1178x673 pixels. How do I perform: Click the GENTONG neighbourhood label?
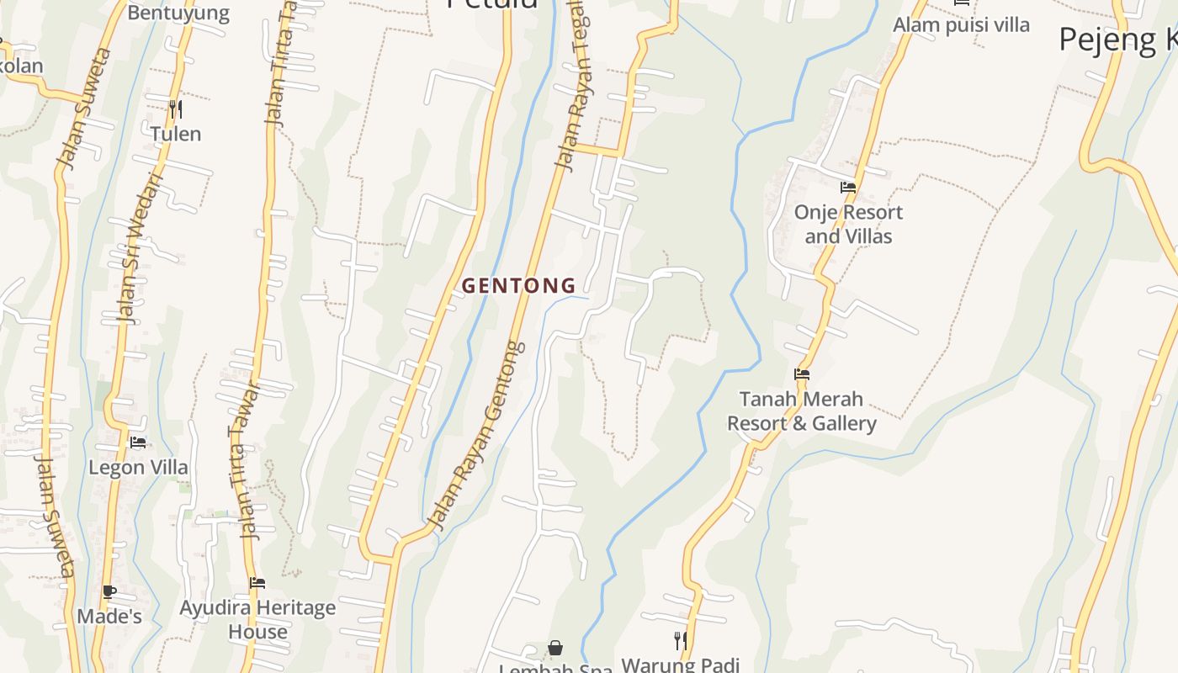pos(519,286)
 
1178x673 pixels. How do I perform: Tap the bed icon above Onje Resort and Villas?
pos(848,188)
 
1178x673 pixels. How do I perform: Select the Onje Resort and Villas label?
pos(848,224)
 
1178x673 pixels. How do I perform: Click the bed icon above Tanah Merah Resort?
pos(802,374)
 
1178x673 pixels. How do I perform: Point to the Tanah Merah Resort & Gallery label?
pos(802,411)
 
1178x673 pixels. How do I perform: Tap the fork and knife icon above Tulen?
pos(176,109)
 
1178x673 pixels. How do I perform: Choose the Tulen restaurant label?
pos(176,134)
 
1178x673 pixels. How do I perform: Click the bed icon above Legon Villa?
pos(138,442)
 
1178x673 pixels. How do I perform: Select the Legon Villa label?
pos(138,467)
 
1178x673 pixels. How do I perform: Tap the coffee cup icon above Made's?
pos(109,591)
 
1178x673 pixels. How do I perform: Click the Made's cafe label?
pos(109,617)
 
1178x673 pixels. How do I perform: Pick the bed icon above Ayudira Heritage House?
pos(257,582)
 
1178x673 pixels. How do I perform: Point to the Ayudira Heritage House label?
pos(257,619)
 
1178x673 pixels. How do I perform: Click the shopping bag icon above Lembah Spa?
pos(555,648)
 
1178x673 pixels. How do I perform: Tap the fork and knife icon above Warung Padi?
pos(681,641)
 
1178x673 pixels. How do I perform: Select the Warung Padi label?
pos(680,665)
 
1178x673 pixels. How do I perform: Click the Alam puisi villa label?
pos(961,25)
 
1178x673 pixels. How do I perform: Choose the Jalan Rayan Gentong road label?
pos(477,435)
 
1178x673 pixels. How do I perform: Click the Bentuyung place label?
pos(178,13)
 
